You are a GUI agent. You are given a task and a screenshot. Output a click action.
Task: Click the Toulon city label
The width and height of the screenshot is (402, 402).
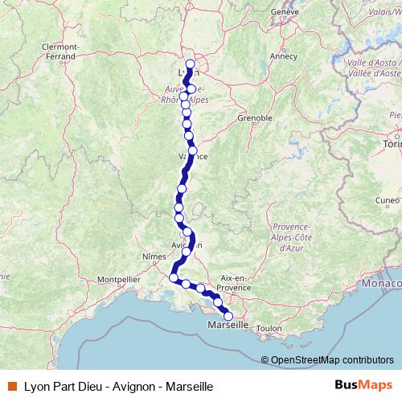269,328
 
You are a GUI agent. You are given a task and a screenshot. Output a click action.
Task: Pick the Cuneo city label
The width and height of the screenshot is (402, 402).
387,200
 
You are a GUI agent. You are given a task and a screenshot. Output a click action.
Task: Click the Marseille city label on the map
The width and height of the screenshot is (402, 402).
228,326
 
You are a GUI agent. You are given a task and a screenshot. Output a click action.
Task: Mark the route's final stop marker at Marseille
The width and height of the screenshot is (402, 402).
228,315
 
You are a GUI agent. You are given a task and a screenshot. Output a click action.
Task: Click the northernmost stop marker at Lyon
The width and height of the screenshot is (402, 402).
191,64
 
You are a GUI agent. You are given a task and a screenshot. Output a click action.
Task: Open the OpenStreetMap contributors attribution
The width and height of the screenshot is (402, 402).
331,359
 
